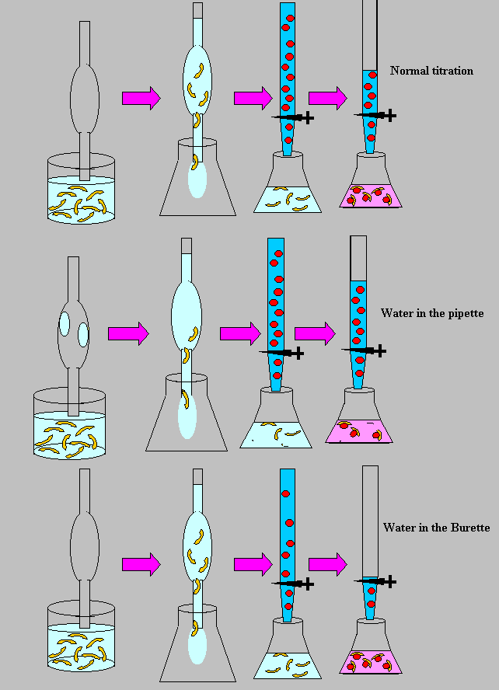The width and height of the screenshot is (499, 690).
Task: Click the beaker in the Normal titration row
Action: pos(81,189)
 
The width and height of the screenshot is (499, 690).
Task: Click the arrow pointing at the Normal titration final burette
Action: pos(327,98)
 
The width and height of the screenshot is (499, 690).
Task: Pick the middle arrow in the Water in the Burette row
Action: pos(253,562)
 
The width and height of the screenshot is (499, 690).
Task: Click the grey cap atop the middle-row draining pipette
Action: pos(186,246)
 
